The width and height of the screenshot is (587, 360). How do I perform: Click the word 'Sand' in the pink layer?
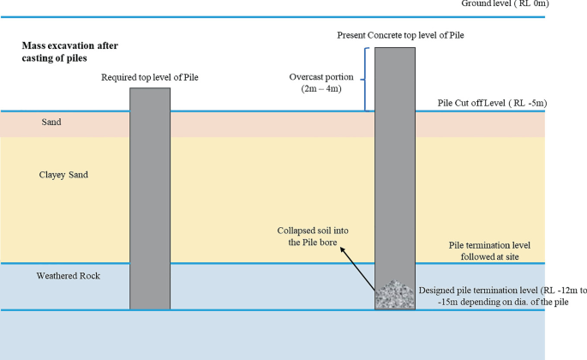coord(51,123)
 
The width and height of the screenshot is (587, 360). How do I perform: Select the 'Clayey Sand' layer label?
coord(63,175)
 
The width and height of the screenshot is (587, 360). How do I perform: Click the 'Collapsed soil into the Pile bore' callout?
coord(313,237)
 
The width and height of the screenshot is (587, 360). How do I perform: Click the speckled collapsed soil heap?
coord(394,296)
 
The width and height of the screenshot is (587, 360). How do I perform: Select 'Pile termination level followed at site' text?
coord(491,250)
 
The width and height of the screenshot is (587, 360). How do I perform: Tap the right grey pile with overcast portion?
coord(394,171)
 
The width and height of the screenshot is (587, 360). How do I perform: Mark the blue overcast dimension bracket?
coord(366,79)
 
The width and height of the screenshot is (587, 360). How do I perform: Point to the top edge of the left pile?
coord(150,88)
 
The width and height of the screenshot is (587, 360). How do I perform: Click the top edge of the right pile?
coord(394,48)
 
